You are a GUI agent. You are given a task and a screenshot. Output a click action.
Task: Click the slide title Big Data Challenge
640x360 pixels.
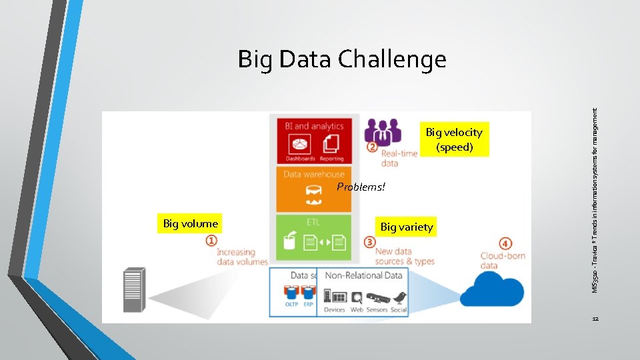click(x=342, y=60)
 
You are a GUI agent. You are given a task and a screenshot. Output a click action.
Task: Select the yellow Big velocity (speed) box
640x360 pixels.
click(x=454, y=139)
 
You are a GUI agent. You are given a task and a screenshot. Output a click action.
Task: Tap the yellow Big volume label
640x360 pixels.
click(x=190, y=224)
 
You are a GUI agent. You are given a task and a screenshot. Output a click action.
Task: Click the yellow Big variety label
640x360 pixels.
click(x=406, y=227)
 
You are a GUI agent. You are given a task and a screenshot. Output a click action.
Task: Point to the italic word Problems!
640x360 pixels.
click(x=361, y=187)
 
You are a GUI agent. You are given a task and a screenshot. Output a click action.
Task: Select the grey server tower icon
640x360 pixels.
click(x=133, y=290)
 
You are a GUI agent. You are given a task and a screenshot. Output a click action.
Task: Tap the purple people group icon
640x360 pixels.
click(x=383, y=131)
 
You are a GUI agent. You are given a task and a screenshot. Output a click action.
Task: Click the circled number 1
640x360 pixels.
click(x=211, y=241)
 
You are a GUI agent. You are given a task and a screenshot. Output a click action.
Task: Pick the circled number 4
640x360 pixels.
click(x=507, y=244)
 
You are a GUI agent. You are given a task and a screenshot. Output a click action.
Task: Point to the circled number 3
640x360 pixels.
click(x=370, y=241)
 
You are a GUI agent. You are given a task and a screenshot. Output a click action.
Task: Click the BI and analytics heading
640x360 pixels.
click(x=314, y=126)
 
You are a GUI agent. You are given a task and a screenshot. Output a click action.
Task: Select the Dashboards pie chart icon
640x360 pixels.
click(x=300, y=144)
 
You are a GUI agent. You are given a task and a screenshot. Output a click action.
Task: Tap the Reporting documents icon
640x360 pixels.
click(x=331, y=144)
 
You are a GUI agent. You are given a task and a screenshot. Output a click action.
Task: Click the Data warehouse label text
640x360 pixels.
click(x=314, y=174)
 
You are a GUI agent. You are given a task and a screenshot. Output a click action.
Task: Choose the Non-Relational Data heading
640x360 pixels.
click(x=363, y=275)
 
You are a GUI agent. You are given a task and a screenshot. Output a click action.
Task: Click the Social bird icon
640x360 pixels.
click(x=399, y=297)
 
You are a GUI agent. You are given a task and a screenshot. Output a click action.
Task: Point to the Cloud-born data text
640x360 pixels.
click(x=503, y=261)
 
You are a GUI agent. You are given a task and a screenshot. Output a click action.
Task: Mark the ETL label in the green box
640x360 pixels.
click(x=314, y=222)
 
